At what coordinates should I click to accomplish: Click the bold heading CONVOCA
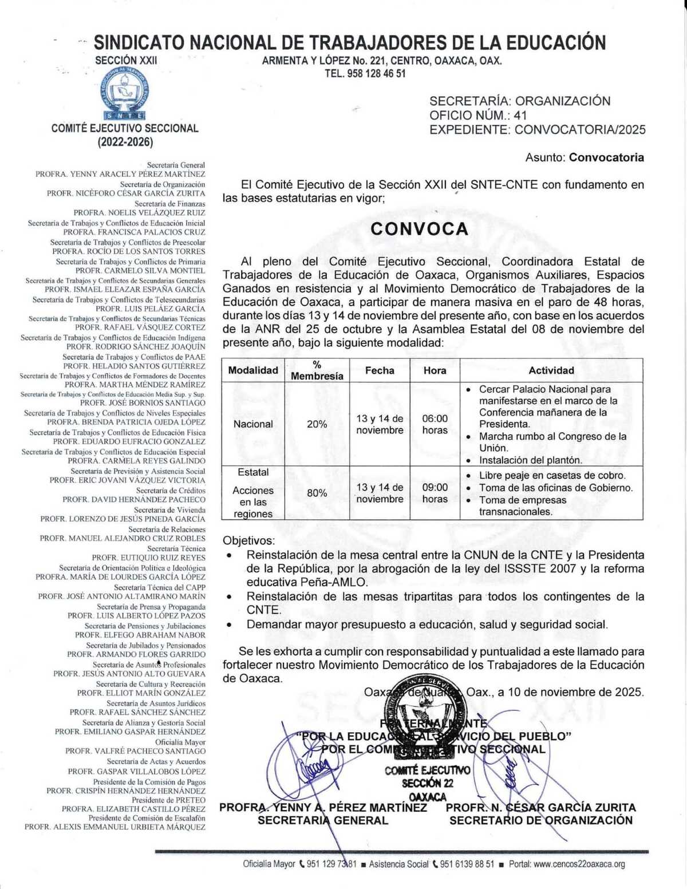click(x=420, y=229)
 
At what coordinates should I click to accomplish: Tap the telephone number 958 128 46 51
click(x=376, y=73)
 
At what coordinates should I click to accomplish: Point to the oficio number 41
click(x=520, y=115)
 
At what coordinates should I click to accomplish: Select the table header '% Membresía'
click(x=317, y=370)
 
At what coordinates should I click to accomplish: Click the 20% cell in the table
click(x=317, y=424)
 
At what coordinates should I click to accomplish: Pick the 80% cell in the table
click(x=317, y=493)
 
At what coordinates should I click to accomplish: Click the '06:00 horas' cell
click(x=435, y=424)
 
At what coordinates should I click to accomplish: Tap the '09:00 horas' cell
click(x=435, y=493)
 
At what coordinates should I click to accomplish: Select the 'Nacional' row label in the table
click(x=253, y=424)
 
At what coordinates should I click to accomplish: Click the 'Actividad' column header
click(x=551, y=370)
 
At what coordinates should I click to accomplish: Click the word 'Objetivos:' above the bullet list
click(x=248, y=540)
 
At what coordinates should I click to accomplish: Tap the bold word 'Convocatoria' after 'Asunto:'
click(x=606, y=157)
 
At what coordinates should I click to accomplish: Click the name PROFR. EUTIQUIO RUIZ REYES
click(x=148, y=558)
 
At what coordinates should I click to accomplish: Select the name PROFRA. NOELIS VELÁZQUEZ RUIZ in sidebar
click(x=139, y=212)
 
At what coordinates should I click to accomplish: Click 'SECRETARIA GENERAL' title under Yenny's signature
click(x=323, y=820)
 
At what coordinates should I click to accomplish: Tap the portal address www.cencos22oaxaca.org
click(x=579, y=864)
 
